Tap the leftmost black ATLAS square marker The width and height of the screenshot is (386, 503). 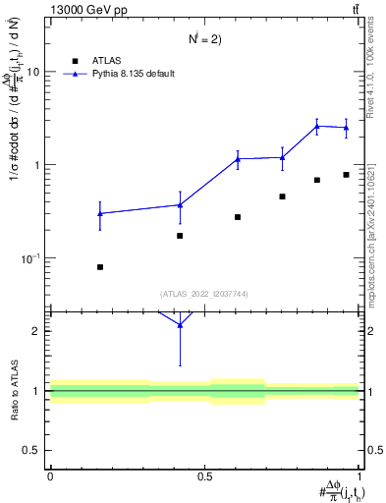100,267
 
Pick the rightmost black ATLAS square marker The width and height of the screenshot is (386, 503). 347,175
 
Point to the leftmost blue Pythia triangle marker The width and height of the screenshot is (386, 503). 100,213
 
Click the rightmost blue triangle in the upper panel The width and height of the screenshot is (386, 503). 347,128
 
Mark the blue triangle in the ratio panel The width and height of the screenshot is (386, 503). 180,324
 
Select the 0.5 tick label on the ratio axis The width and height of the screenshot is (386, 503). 32,450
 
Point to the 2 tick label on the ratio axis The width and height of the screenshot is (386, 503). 36,331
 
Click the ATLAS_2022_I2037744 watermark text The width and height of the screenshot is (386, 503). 203,294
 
